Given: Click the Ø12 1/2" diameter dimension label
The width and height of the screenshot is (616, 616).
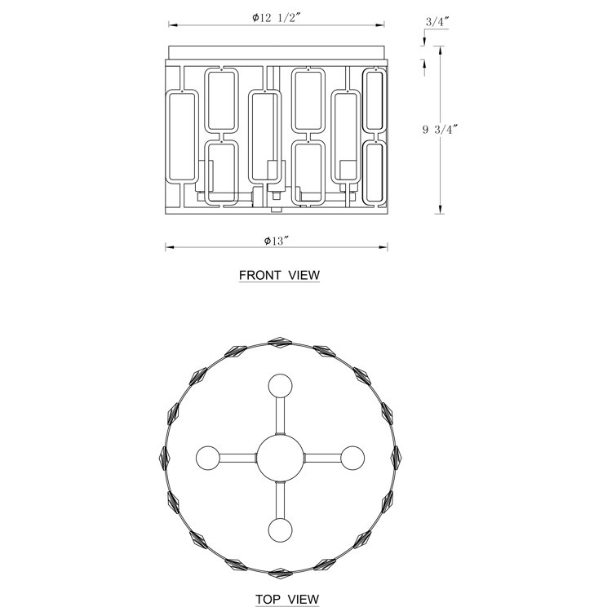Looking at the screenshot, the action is pos(277,18).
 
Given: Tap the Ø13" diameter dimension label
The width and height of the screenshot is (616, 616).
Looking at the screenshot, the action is pos(277,241).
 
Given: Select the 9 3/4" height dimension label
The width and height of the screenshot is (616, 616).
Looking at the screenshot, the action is pos(440,129).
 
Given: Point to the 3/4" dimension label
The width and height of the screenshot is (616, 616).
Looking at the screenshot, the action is pos(437,22).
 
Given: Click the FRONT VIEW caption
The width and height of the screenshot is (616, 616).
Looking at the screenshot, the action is pos(279,275).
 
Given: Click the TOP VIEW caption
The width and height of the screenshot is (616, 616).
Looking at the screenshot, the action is pos(287,600).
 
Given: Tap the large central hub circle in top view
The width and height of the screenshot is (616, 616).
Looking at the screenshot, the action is pos(280,458).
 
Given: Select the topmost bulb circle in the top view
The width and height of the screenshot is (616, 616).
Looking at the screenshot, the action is pos(280,386).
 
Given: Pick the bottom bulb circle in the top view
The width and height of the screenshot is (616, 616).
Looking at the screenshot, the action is pos(280,530).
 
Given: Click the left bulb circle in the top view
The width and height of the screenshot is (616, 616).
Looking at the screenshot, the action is pos(208,458).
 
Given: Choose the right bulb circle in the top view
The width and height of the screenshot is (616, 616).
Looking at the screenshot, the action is pos(352,458).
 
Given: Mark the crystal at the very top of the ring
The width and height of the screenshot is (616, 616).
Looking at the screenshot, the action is pos(279,342).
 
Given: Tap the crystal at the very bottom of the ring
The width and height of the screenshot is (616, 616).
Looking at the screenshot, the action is pos(279,574).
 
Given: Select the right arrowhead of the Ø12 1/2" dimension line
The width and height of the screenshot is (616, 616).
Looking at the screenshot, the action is pos(380,24).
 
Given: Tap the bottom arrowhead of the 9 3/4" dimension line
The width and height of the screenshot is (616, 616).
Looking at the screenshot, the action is pos(441,210).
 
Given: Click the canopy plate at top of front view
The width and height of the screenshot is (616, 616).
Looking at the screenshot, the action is pos(277,53).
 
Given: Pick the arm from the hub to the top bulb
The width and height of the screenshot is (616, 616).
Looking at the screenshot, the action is pos(280,416).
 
